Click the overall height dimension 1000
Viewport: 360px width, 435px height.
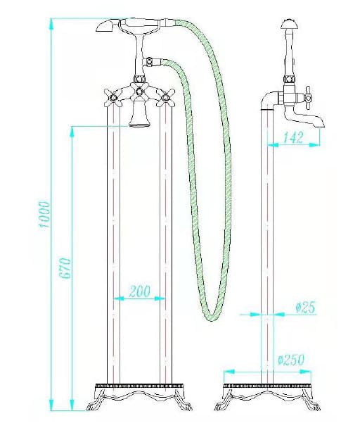44,214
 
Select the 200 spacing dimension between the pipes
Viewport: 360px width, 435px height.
139,291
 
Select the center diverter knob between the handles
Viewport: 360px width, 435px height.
140,92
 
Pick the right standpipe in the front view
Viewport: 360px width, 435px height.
166,246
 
